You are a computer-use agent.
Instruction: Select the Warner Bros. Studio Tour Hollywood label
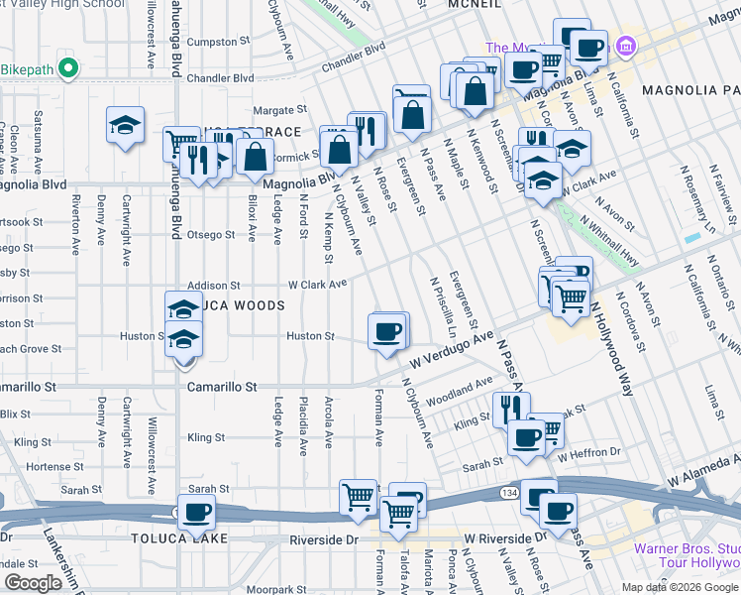[688, 549]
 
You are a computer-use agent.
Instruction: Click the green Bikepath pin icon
[67, 68]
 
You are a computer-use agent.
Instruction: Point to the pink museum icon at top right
[625, 46]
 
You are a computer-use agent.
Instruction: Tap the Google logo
[33, 583]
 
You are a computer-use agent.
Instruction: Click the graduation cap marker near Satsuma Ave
[125, 126]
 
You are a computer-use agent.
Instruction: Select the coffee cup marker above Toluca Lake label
[196, 512]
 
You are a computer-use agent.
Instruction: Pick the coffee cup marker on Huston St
[386, 330]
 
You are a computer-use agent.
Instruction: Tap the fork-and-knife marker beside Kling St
[509, 407]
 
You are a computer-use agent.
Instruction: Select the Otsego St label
[212, 235]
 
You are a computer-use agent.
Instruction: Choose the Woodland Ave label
[460, 391]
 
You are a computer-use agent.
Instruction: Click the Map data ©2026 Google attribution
[680, 587]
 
